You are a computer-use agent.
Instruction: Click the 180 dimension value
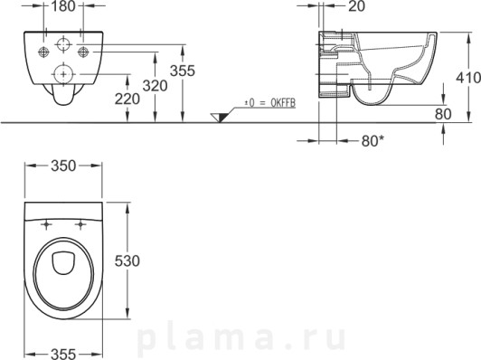pyautogui.click(x=63, y=6)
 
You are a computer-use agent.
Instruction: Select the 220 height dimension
pyautogui.click(x=127, y=99)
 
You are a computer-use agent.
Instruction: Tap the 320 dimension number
pyautogui.click(x=156, y=86)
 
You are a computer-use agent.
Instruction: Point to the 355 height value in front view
pyautogui.click(x=183, y=71)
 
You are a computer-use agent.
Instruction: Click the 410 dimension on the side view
pyautogui.click(x=468, y=78)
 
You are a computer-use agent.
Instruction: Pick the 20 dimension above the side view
pyautogui.click(x=356, y=6)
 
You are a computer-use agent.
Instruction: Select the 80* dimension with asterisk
pyautogui.click(x=373, y=141)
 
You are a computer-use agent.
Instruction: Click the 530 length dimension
pyautogui.click(x=127, y=261)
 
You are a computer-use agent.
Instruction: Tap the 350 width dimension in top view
pyautogui.click(x=63, y=166)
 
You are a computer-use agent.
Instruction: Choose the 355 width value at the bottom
pyautogui.click(x=63, y=354)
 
